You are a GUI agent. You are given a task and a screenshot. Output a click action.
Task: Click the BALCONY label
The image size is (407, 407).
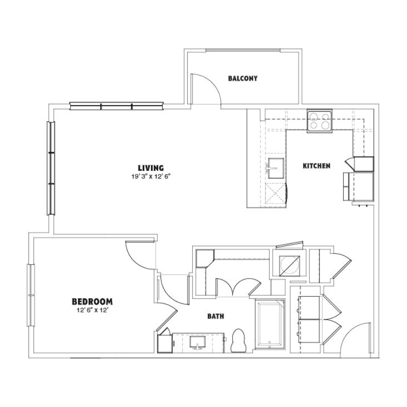coord(243,78)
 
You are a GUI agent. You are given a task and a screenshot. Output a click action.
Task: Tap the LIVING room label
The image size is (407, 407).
coord(151,168)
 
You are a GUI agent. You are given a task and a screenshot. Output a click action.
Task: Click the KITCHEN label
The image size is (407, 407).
coord(317,166)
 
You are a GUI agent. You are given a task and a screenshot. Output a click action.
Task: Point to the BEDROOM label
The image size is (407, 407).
coord(92,302)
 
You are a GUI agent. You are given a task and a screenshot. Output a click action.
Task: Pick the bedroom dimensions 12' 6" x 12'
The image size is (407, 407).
coord(92,310)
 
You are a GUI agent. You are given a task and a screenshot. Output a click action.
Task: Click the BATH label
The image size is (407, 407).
coord(216,316)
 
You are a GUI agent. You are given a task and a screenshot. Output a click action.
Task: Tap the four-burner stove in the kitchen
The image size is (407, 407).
coord(320,121)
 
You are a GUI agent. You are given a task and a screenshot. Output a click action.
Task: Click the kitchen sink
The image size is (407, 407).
coord(276,168)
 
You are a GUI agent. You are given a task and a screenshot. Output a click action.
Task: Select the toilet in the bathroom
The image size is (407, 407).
coord(238,341)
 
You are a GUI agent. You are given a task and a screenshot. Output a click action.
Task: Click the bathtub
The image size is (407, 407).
coord(270,323)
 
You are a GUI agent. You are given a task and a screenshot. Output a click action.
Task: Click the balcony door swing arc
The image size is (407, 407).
coord(213,83)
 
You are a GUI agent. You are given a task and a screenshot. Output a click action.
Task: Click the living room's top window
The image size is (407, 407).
coord(117,106)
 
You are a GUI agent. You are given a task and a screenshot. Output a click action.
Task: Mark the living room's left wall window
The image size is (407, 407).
coord(51,168)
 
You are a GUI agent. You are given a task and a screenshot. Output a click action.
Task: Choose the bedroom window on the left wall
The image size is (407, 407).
coord(31,295)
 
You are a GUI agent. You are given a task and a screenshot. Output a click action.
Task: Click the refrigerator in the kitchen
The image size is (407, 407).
coord(359,186)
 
